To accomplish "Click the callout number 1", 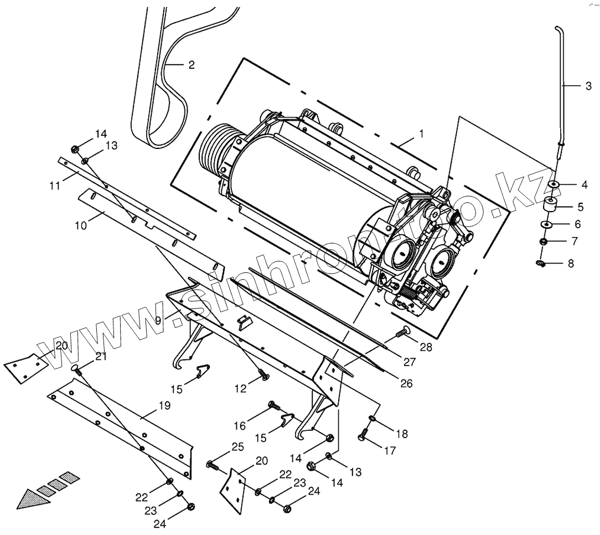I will [422, 134].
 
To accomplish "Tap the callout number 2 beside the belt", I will [191, 65].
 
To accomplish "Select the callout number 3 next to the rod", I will [588, 86].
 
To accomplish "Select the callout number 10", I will [158, 320].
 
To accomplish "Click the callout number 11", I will [81, 226].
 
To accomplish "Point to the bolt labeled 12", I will [54, 185].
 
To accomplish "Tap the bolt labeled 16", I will [265, 377].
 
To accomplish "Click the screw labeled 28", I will [402, 332].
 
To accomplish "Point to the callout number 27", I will [408, 363].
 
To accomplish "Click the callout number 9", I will [158, 320].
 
